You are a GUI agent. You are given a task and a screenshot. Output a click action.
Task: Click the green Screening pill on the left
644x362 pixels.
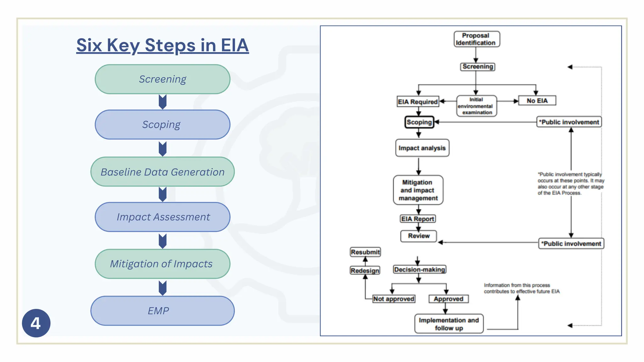point(163,79)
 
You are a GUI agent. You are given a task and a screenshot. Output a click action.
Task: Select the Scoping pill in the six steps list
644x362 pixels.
point(163,125)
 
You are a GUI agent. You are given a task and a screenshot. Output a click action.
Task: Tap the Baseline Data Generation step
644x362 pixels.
point(163,172)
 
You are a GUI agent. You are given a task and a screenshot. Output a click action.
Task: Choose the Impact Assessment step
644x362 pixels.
point(163,217)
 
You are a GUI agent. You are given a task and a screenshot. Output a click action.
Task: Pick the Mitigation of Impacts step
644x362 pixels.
point(163,264)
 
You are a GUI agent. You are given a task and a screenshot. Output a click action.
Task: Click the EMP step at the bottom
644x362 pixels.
point(163,311)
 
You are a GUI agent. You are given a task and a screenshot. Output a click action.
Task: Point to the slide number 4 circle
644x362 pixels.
point(36,323)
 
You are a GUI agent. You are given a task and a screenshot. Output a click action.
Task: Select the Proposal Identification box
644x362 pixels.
point(476,39)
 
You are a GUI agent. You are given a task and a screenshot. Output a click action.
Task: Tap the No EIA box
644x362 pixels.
point(537,101)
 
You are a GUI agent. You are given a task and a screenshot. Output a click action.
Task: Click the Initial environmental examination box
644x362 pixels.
point(476,106)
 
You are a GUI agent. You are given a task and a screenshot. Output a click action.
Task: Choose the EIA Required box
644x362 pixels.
point(418,102)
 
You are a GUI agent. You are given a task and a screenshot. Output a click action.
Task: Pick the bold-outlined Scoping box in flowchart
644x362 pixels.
point(419,122)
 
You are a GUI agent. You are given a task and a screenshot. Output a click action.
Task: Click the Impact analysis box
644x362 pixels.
point(422,148)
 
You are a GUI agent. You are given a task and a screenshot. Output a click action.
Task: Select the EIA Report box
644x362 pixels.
point(418,219)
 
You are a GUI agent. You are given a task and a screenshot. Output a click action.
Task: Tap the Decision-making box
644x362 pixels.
point(419,270)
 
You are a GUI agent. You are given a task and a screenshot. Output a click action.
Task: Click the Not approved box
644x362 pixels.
point(393,299)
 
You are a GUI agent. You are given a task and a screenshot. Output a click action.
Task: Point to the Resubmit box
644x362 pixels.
point(365,252)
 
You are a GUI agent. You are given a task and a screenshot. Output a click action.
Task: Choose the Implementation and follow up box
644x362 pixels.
point(449,324)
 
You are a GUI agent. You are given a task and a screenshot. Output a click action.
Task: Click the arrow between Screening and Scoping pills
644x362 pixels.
point(163,102)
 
